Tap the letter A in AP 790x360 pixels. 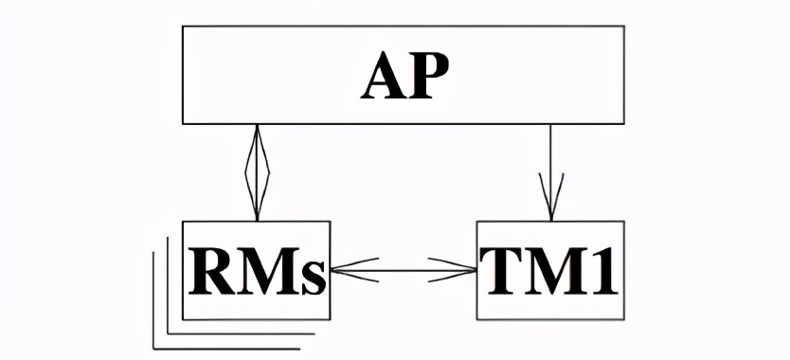384,78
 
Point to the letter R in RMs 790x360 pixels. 209,271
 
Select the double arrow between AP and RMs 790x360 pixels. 257,171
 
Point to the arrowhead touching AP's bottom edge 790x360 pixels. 257,142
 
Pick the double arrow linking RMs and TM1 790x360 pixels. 404,271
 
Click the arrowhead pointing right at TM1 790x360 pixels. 458,271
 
